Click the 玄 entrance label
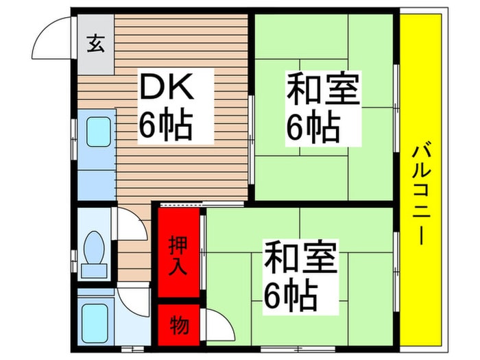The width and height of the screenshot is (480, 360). (95, 44)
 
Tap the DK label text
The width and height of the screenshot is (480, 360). (167, 86)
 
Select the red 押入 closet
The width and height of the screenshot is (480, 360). (179, 252)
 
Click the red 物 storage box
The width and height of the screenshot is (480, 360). (179, 325)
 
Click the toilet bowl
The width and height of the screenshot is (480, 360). (94, 248)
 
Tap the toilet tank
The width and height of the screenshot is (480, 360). (94, 271)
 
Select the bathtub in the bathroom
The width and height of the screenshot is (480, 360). (95, 323)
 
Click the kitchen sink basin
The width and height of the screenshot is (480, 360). (98, 132)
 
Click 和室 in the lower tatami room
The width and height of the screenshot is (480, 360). (301, 257)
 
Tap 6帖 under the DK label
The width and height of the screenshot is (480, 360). (166, 125)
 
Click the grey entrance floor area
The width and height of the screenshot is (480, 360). (96, 44)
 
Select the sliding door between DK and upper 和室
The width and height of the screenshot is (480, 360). (251, 140)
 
